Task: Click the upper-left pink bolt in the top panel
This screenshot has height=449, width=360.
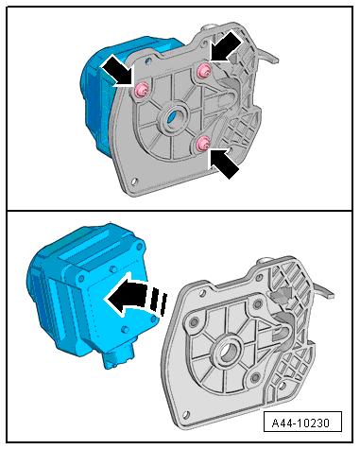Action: [142, 90]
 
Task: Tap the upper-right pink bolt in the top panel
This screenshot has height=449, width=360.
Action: [203, 71]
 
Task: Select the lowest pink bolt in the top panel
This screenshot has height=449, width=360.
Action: [203, 144]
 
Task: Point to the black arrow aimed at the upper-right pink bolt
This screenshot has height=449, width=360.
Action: [226, 46]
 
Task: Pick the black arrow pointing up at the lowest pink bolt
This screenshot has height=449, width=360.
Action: [223, 163]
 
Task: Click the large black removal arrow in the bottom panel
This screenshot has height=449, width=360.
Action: [135, 294]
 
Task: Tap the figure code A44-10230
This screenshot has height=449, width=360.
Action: [302, 422]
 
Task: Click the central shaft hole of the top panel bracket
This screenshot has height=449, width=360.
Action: [174, 116]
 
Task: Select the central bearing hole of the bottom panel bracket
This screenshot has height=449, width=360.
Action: [228, 351]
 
